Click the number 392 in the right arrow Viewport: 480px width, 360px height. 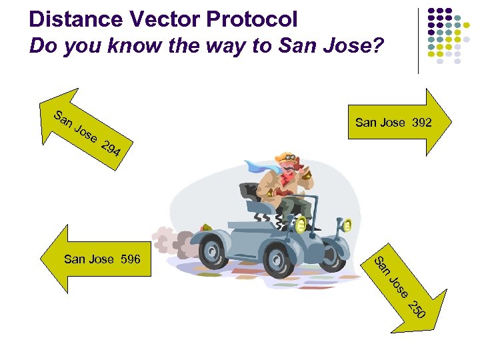[421, 123]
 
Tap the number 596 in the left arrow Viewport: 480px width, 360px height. [131, 259]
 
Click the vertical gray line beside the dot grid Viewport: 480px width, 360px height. [419, 40]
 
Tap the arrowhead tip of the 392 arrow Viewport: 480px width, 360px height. [451, 123]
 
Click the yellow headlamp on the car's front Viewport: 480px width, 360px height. [345, 227]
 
